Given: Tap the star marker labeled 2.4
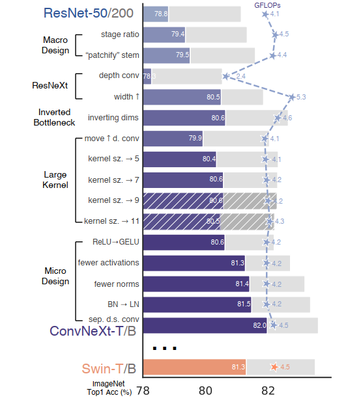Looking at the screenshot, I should pyautogui.click(x=225, y=77).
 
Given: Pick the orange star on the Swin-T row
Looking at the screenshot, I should pyautogui.click(x=274, y=367).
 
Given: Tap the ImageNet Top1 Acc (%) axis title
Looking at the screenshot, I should pyautogui.click(x=109, y=388).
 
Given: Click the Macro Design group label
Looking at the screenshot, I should pyautogui.click(x=57, y=45).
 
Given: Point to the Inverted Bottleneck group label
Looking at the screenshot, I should pyautogui.click(x=55, y=118).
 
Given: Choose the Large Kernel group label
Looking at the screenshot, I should pyautogui.click(x=56, y=180).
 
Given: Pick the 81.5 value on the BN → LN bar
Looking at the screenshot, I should pyautogui.click(x=244, y=304).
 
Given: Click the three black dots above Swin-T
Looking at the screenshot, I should pyautogui.click(x=165, y=348).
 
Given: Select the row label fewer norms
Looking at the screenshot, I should pyautogui.click(x=112, y=284).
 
